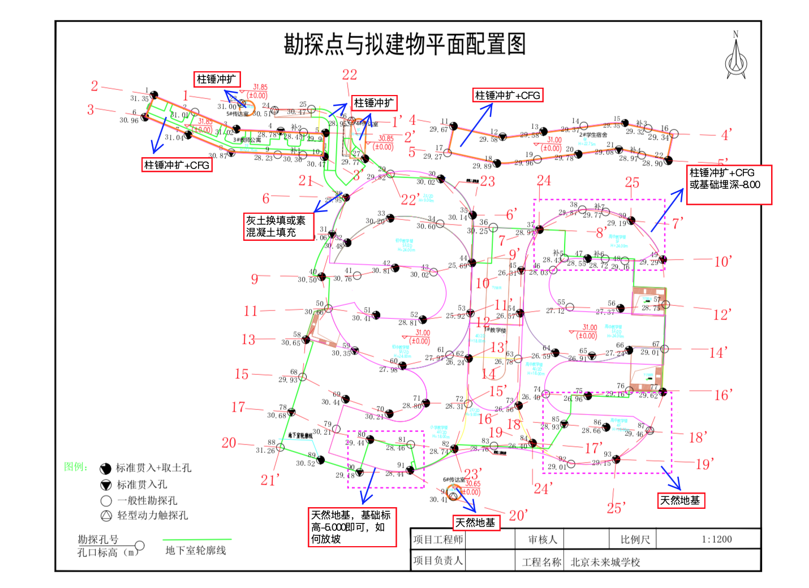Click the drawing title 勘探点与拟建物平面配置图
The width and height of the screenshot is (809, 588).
[x=404, y=44]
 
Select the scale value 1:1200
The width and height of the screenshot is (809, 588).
[x=716, y=539]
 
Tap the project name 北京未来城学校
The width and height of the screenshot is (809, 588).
[x=605, y=562]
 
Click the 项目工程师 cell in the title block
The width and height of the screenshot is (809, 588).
[x=438, y=539]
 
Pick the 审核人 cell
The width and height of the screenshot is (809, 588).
[x=542, y=539]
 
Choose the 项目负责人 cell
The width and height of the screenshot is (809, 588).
[x=438, y=560]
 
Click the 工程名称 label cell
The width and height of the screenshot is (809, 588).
[x=541, y=562]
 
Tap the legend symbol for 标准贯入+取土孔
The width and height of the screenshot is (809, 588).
[x=106, y=469]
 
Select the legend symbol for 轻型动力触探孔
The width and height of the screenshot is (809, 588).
[x=106, y=516]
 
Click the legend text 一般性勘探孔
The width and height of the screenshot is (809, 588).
[x=147, y=500]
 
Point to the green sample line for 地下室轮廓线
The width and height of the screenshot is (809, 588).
[x=197, y=540]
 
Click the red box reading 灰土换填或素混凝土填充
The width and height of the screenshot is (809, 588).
[x=278, y=226]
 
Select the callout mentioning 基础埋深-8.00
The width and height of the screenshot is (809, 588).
[x=729, y=184]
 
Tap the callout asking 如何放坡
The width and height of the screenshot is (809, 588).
[x=352, y=527]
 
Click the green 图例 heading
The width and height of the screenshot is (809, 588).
[x=76, y=466]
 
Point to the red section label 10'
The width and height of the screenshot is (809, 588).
[x=722, y=261]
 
